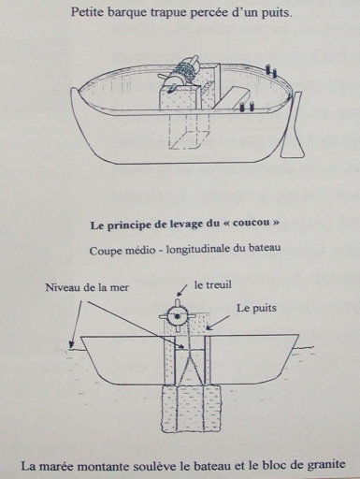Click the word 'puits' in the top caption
(x=276, y=14)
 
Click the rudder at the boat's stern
(x=293, y=125)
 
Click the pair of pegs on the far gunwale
(x=270, y=71)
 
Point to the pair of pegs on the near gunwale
(x=247, y=106)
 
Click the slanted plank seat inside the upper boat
(x=232, y=97)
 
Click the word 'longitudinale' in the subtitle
(x=197, y=250)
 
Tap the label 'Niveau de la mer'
(x=87, y=287)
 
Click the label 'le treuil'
(x=213, y=284)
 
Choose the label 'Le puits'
(x=256, y=309)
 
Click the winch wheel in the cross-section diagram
(x=178, y=316)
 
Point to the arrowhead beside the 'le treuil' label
(x=180, y=293)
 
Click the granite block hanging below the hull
(x=191, y=409)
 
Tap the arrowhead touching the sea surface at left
(x=72, y=345)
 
